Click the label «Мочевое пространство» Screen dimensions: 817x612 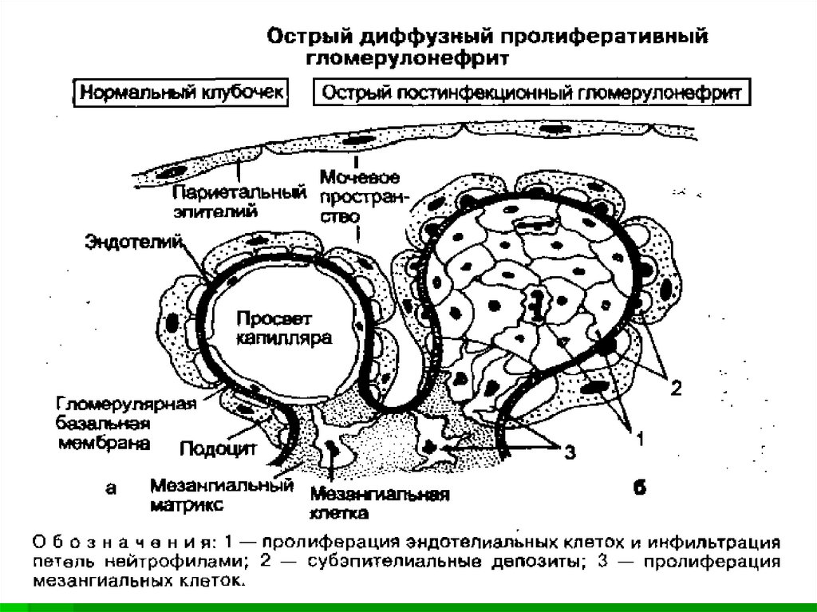tap(358, 195)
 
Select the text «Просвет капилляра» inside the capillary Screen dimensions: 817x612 tap(279, 330)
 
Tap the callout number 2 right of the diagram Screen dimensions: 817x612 tap(675, 389)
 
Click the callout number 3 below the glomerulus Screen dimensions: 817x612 tap(568, 452)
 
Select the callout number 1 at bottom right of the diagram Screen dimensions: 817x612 tap(637, 436)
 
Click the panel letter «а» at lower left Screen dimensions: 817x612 tap(111, 489)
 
